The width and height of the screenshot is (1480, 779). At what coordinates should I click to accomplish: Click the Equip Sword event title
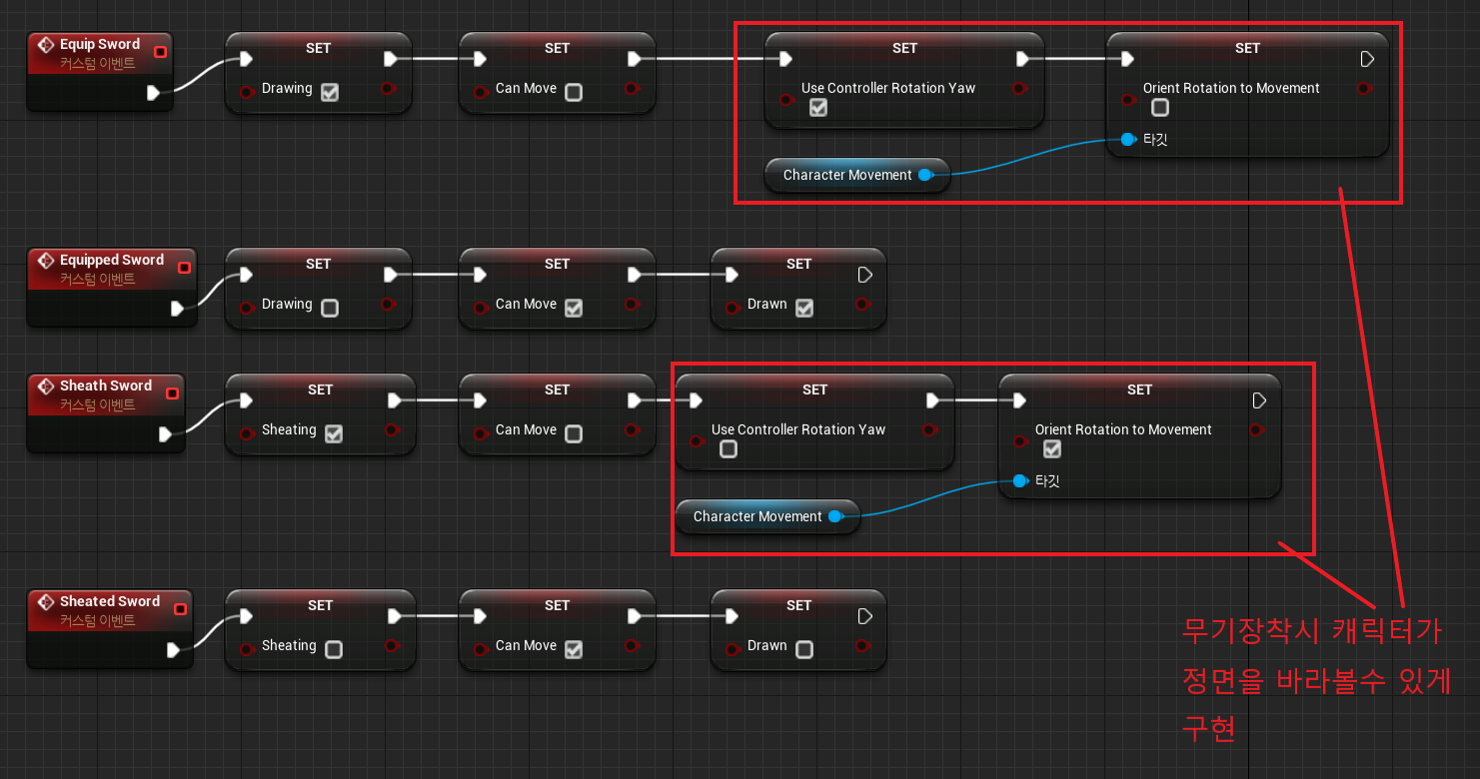point(99,45)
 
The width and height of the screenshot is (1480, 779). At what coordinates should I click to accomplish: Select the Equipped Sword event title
point(111,261)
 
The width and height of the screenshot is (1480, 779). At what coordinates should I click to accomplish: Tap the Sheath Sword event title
point(105,387)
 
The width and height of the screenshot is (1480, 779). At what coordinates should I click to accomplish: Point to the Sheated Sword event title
point(109,602)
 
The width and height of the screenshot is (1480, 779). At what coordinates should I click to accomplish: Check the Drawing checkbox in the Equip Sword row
point(330,92)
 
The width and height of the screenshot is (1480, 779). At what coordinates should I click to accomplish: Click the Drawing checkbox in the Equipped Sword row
point(330,308)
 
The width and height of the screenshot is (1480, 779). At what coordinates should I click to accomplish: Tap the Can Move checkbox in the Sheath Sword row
point(574,433)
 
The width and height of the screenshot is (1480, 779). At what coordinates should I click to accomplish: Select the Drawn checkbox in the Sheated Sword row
point(804,649)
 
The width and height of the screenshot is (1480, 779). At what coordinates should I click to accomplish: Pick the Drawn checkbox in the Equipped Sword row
point(804,308)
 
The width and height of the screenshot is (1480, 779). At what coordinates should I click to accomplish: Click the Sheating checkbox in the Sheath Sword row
point(334,433)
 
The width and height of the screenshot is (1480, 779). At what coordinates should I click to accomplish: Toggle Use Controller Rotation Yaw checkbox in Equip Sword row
point(818,108)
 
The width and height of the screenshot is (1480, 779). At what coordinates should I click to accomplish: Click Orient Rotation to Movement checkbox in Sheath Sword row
point(1052,449)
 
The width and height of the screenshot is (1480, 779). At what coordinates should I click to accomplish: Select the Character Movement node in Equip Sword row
point(847,176)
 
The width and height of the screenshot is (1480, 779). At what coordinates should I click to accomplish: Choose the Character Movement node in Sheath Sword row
point(757,517)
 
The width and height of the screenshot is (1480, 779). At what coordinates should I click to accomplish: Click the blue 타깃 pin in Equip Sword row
point(1128,140)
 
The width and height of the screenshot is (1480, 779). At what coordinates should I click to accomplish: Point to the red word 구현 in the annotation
point(1209,728)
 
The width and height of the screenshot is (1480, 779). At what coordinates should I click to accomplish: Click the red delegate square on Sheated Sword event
point(180,609)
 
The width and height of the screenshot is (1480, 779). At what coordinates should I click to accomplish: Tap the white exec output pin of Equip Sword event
point(153,93)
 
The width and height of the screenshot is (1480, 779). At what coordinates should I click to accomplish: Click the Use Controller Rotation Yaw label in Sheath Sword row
point(798,430)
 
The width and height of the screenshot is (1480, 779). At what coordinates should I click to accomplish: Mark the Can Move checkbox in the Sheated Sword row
point(574,649)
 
